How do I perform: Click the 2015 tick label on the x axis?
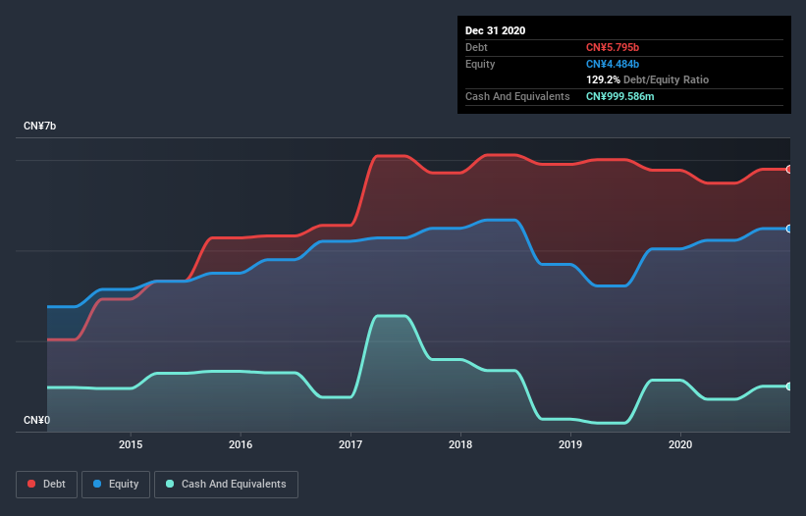(131, 444)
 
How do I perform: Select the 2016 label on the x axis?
(241, 444)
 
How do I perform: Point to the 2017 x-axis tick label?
(350, 444)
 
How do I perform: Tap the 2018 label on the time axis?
(461, 444)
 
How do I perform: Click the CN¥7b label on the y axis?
(40, 127)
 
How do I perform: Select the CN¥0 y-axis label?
(36, 420)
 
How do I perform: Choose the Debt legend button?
(45, 484)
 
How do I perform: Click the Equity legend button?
(117, 484)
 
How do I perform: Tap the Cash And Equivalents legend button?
(226, 484)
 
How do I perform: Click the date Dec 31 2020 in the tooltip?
(495, 30)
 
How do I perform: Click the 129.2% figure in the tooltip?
(602, 79)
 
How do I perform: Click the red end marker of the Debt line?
(789, 169)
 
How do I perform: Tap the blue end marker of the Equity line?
(789, 229)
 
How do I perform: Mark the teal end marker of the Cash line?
(789, 386)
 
